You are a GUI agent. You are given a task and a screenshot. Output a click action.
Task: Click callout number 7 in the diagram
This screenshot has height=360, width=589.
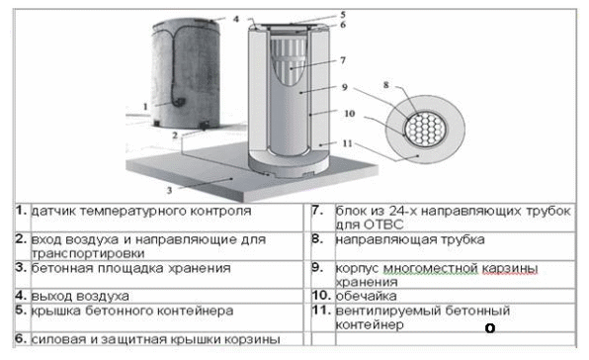click(343, 60)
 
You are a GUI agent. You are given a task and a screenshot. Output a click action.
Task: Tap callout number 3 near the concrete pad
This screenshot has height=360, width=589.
click(169, 190)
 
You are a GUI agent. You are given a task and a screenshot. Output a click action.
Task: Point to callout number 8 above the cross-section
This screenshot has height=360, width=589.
click(386, 85)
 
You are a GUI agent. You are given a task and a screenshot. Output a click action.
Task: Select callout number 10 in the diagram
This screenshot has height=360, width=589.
click(349, 113)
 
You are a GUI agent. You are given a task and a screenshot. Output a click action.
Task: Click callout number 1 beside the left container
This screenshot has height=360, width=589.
click(145, 107)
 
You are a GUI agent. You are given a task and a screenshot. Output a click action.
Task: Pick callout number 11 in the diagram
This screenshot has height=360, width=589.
click(348, 143)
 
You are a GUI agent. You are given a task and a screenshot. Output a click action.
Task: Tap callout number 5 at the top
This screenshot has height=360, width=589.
click(343, 15)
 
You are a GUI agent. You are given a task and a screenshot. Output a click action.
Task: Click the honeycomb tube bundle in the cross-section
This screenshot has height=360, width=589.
click(425, 130)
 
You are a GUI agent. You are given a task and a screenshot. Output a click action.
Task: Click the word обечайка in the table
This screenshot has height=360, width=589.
click(367, 296)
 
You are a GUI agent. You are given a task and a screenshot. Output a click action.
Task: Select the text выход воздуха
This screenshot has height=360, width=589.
click(80, 296)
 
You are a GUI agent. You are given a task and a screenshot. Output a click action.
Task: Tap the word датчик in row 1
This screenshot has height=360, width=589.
click(53, 211)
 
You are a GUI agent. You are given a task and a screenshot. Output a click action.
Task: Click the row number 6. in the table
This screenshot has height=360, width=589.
click(21, 338)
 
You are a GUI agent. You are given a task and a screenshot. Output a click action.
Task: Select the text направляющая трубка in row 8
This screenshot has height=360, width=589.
click(410, 239)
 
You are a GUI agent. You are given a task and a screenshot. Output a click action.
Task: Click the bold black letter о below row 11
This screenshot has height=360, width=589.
click(490, 328)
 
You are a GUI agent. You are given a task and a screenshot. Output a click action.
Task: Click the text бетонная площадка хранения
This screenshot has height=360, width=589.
click(130, 268)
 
